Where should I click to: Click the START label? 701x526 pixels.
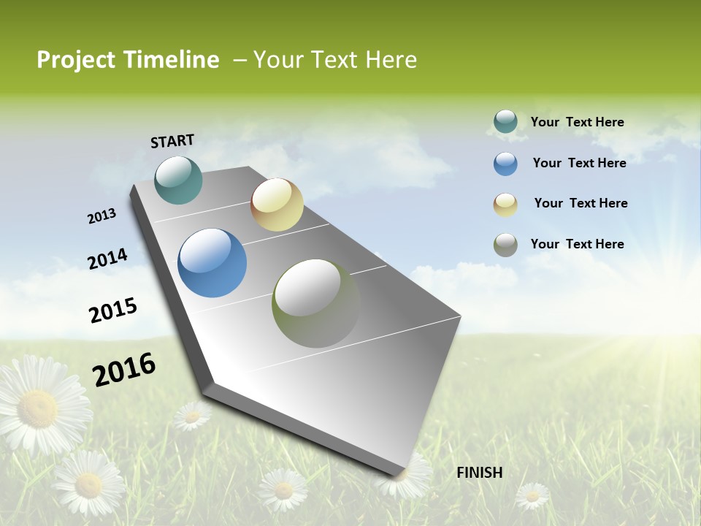172,141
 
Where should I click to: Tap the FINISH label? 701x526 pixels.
479,473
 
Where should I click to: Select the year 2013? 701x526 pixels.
101,216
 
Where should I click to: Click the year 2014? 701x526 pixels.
107,259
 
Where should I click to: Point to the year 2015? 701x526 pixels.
113,310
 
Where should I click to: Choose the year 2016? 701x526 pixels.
124,370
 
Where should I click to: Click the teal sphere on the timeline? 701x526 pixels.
178,180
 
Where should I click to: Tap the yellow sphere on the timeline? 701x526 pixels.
277,205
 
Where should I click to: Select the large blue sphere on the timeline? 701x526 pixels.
212,263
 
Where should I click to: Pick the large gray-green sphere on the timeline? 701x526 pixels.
316,303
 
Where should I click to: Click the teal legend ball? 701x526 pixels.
505,122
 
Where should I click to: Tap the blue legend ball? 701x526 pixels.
505,164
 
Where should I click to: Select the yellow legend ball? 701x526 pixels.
505,205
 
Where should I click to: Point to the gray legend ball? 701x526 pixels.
505,245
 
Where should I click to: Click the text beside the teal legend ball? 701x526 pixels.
577,122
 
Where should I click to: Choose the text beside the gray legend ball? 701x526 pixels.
577,244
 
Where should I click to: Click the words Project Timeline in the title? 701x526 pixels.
128,60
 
